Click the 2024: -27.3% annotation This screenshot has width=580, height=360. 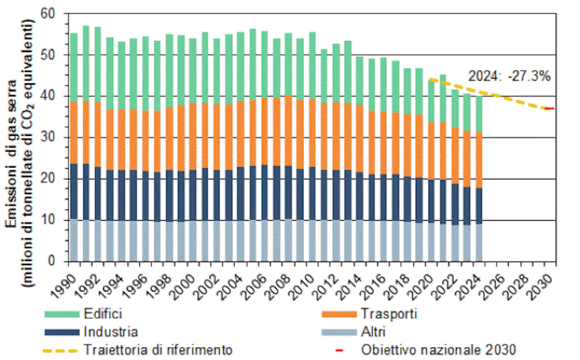[509, 76]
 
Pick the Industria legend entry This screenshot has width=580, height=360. [110, 332]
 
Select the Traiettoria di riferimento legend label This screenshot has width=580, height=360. [157, 350]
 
